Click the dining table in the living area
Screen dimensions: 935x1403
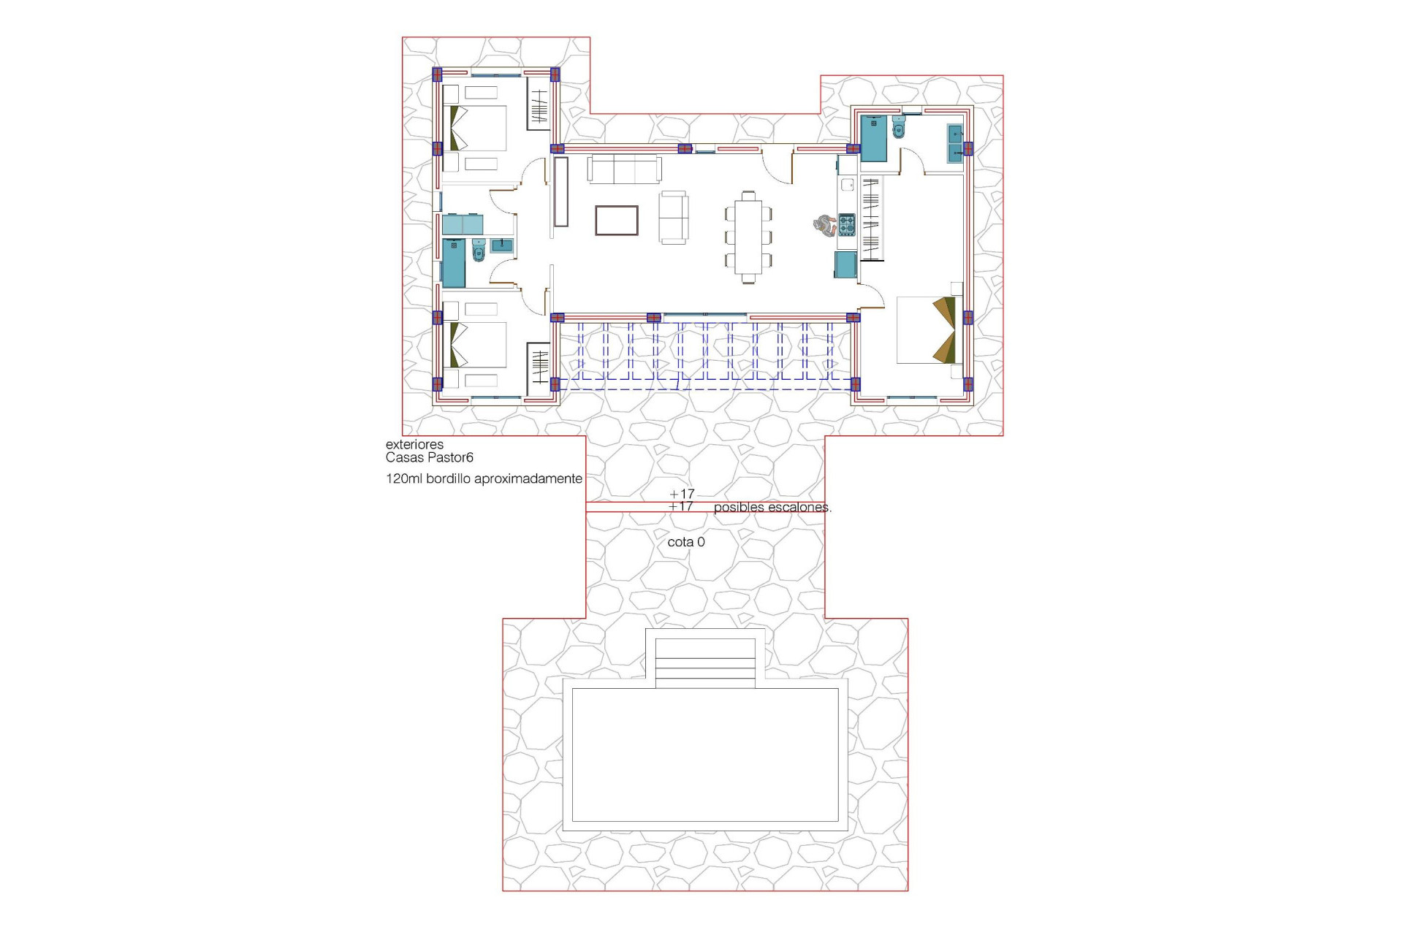[x=748, y=237]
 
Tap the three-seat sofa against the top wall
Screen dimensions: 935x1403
[x=625, y=169]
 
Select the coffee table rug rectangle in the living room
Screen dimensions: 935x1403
[x=616, y=220]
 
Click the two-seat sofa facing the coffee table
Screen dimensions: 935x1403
[x=673, y=218]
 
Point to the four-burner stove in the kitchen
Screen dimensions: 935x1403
[x=846, y=224]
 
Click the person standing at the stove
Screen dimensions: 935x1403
[x=824, y=225]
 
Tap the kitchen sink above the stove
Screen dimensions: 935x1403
[x=847, y=185]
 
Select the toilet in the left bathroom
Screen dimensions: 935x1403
[x=479, y=251]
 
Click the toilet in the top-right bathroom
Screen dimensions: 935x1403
[x=899, y=128]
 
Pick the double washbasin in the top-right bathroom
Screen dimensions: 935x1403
[x=954, y=143]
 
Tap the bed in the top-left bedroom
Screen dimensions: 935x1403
[x=479, y=129]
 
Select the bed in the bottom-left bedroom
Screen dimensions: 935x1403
[x=479, y=344]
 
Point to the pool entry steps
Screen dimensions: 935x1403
[x=705, y=662]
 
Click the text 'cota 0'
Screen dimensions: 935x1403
[x=686, y=542]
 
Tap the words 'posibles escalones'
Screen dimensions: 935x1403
[x=772, y=507]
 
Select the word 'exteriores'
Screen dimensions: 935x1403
[x=414, y=444]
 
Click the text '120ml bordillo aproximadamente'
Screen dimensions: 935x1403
[x=484, y=479]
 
